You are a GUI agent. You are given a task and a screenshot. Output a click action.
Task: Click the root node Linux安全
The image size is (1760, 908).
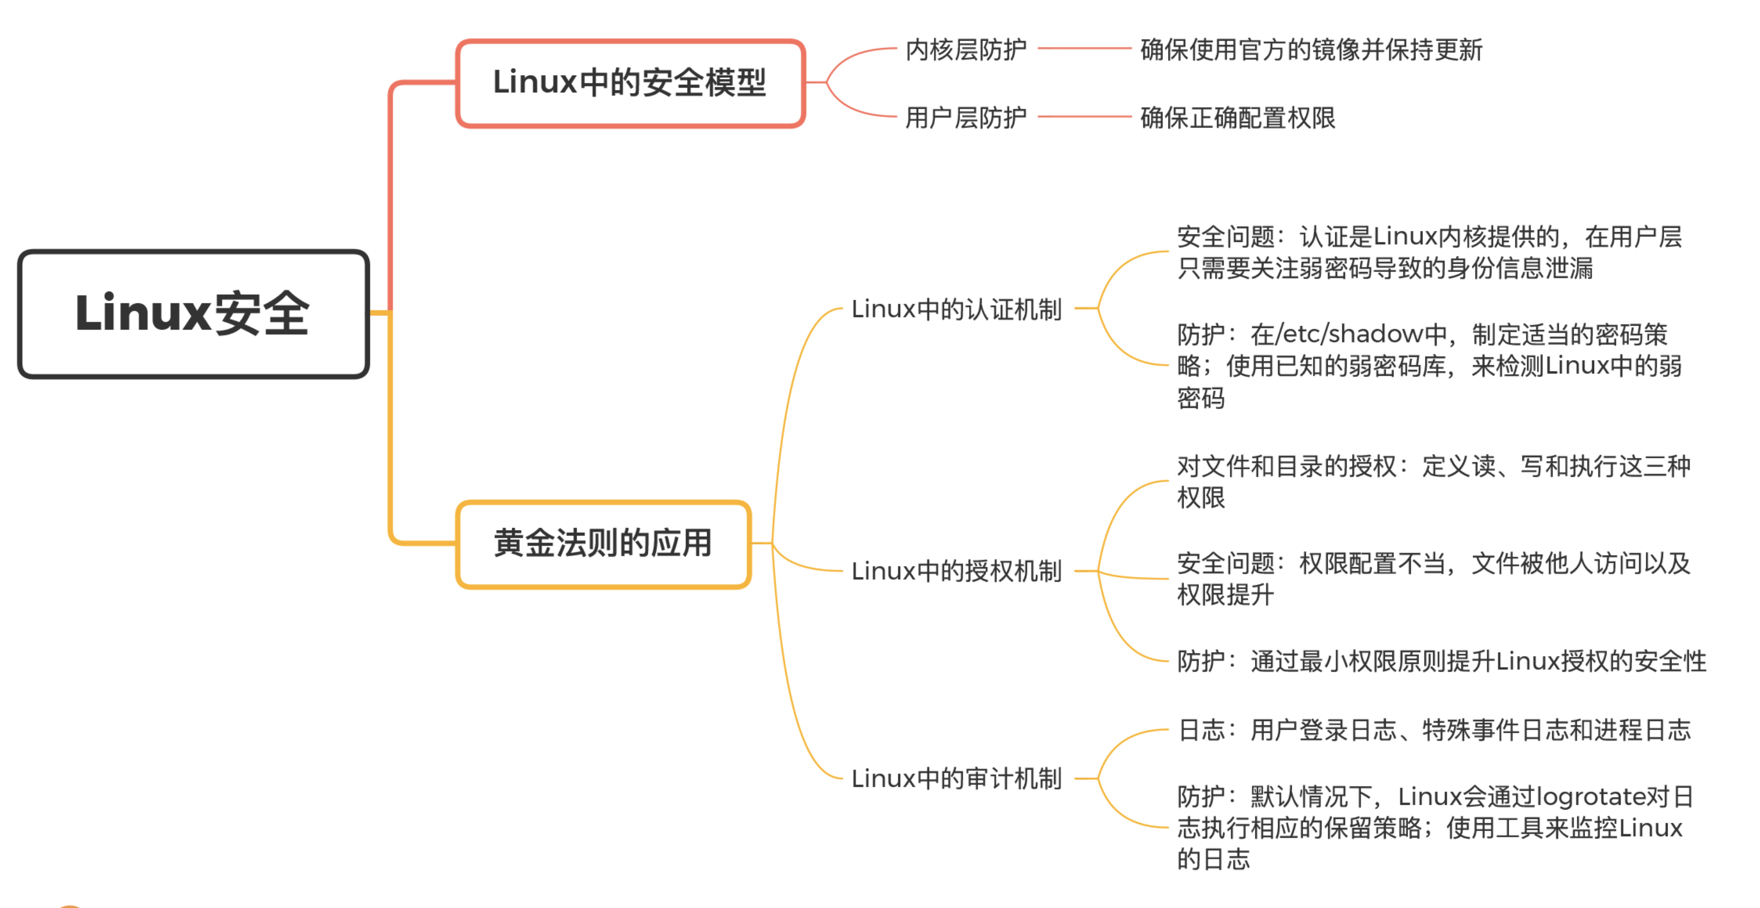point(194,314)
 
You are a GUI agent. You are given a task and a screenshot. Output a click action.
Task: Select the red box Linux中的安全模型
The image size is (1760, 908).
point(630,83)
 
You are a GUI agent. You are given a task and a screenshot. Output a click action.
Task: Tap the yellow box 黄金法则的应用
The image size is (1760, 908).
point(603,544)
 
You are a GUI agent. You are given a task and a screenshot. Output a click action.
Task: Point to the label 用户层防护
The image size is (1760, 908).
point(965,118)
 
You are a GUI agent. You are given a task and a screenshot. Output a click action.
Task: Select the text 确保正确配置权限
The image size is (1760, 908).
point(1237,118)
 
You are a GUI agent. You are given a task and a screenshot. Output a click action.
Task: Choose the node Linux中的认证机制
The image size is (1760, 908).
point(956,309)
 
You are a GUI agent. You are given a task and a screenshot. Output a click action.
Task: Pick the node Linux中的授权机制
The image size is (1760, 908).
point(956,571)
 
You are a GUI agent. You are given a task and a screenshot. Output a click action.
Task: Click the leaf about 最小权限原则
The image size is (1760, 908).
point(1442,661)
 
